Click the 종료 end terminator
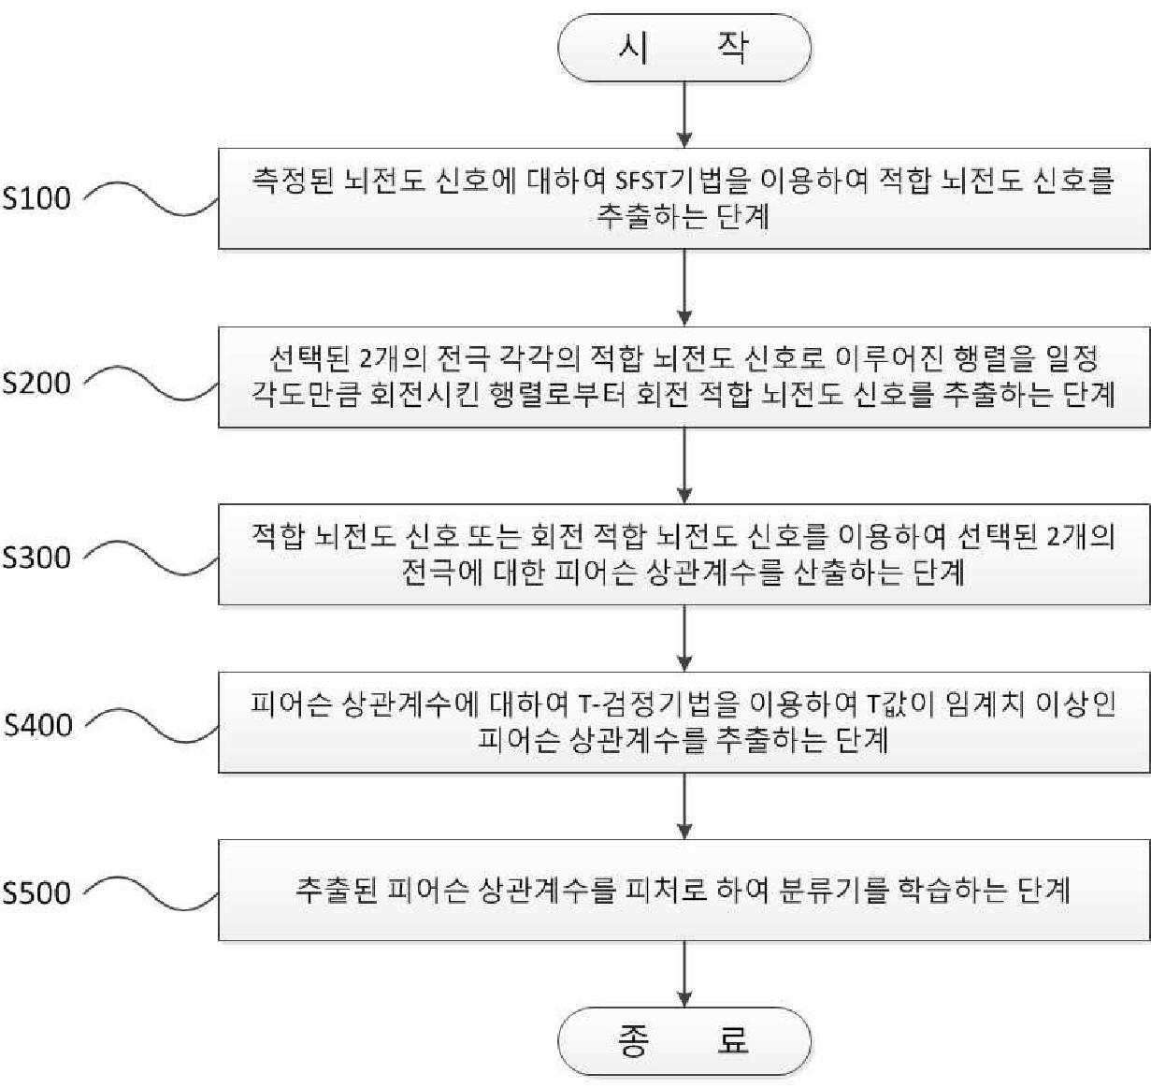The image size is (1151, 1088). coord(683,1040)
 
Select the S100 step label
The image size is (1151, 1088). coord(36,198)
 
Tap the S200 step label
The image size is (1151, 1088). coord(36,383)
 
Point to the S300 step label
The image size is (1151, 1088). coord(36,558)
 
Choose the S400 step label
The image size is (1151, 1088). coord(38,725)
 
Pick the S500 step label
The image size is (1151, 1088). coord(36,892)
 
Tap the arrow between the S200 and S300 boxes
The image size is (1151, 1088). coord(685,466)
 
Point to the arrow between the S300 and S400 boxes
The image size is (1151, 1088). coord(685,637)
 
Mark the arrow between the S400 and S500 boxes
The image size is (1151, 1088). coord(685,805)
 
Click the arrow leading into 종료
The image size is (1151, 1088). coord(685,973)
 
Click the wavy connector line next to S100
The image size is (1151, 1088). coord(150,198)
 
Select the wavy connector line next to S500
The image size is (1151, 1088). coord(150,892)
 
